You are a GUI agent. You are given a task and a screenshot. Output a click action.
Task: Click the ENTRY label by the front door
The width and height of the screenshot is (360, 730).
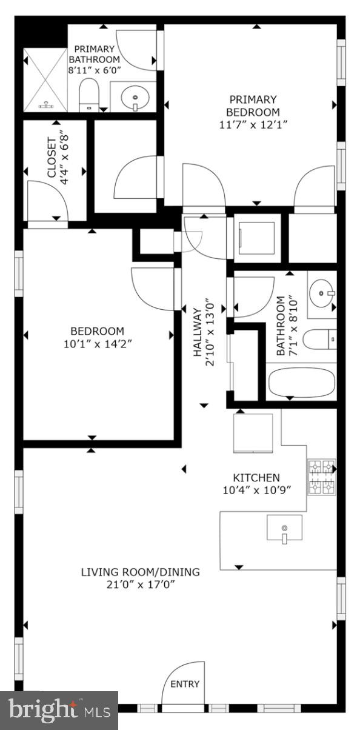(x=185, y=684)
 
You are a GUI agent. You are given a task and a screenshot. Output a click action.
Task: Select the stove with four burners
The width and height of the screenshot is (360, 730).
(x=321, y=477)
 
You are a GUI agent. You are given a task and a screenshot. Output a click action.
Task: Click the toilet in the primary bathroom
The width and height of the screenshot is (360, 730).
(x=89, y=95)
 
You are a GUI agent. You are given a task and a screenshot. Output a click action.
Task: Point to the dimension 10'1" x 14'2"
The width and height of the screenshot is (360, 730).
(x=97, y=343)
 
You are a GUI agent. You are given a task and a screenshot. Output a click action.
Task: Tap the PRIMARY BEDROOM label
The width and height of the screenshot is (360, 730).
(x=253, y=105)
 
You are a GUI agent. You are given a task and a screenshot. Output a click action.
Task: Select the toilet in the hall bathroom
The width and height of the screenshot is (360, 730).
(x=319, y=340)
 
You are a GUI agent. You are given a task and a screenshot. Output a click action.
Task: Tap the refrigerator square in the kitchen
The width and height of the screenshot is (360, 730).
(x=253, y=432)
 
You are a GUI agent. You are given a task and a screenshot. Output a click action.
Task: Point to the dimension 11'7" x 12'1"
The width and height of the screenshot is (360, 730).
(x=253, y=124)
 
